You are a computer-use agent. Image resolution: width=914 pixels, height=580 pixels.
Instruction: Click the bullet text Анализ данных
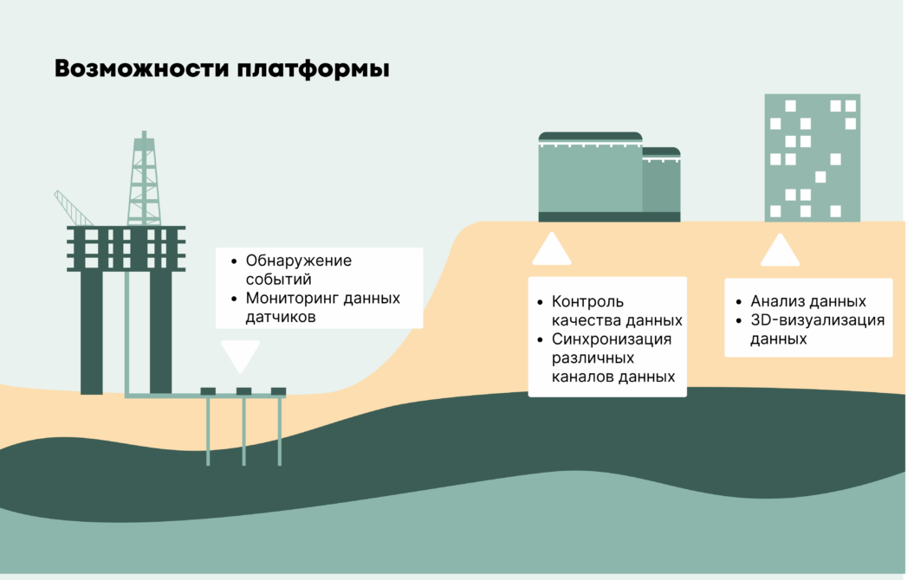click(x=807, y=302)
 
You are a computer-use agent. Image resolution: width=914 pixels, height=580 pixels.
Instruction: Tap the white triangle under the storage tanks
click(x=551, y=250)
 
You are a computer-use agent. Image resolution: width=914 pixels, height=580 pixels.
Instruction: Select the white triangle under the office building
click(x=780, y=252)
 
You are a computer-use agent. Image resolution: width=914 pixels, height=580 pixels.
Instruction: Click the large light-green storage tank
click(x=590, y=177)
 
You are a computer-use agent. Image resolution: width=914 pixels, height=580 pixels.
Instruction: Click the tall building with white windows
click(x=812, y=158)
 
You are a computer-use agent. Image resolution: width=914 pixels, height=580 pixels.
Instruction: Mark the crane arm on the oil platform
click(x=73, y=208)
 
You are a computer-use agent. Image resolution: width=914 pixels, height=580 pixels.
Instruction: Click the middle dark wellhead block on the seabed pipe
click(x=243, y=391)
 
